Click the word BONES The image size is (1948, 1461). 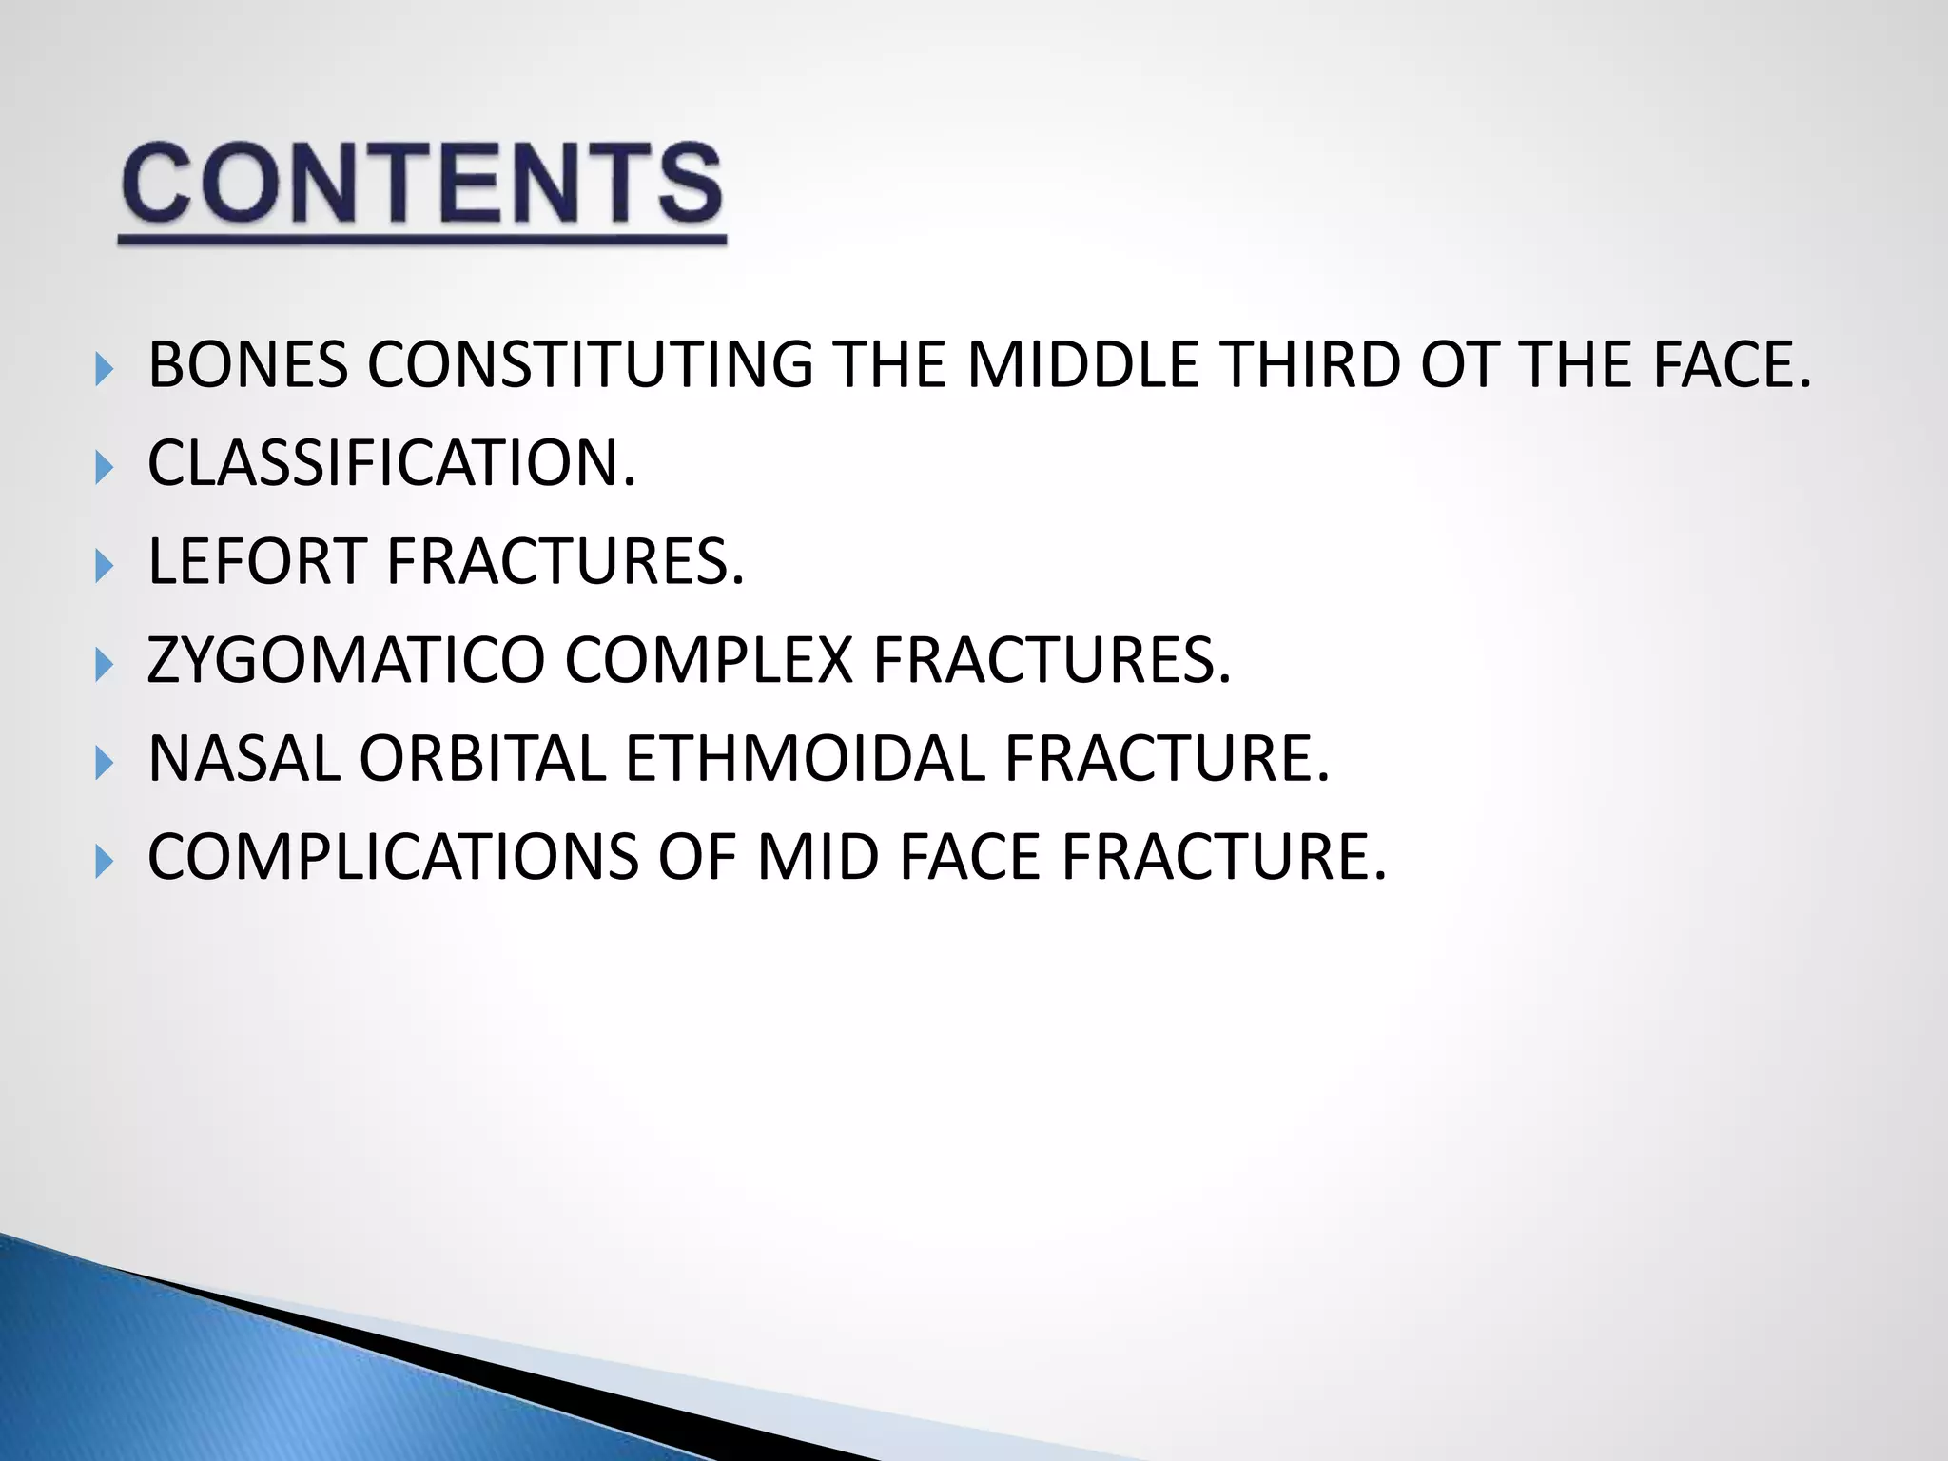coord(248,365)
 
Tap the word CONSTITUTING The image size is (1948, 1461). coord(590,365)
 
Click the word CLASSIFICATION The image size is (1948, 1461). coord(390,464)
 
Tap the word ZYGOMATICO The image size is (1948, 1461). coord(346,660)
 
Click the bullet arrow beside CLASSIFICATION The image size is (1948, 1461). coord(105,467)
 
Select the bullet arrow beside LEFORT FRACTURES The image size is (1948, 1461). coord(105,566)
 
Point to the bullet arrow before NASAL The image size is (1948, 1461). coord(105,763)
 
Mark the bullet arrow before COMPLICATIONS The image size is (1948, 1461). coord(105,862)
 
